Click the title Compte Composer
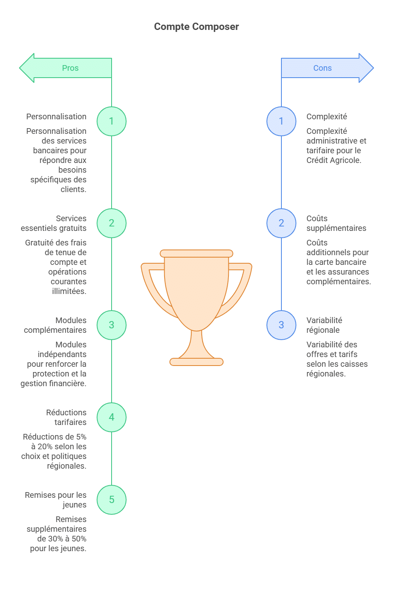tap(196, 27)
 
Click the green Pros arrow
tap(65, 68)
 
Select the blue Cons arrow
tap(327, 68)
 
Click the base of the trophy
tap(196, 362)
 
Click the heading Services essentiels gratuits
tap(54, 223)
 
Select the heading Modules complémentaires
tap(55, 325)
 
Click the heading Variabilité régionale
tap(324, 325)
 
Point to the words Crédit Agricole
tap(334, 160)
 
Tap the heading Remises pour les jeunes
tap(56, 500)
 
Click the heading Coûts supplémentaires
tap(336, 223)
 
